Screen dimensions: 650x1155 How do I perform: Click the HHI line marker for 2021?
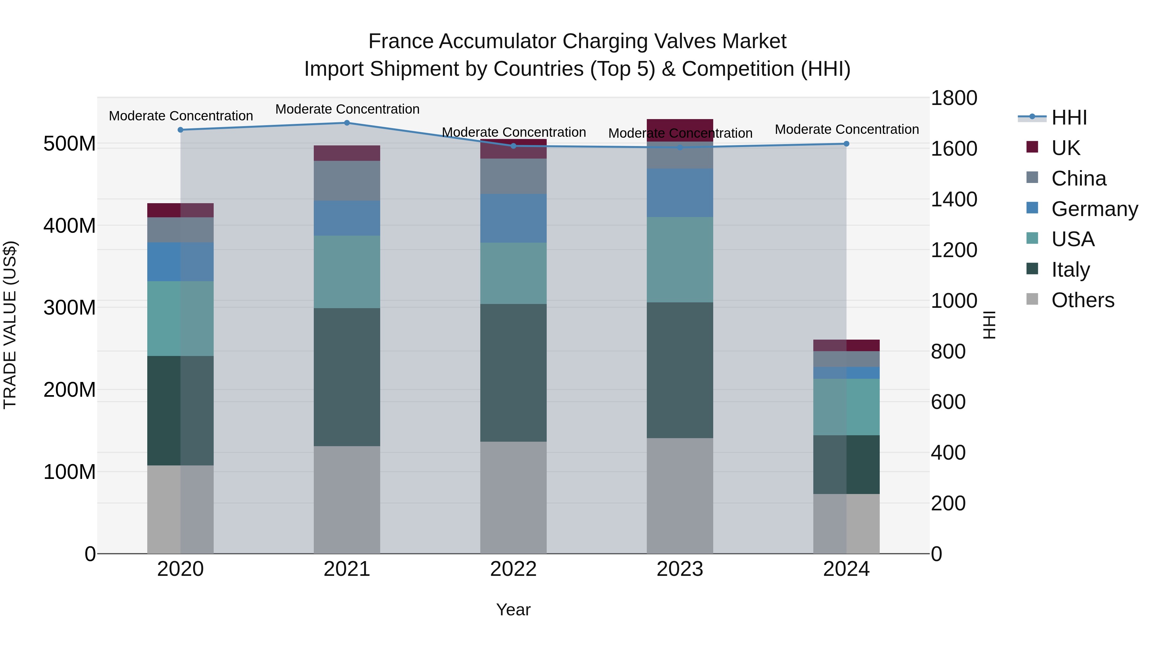point(346,123)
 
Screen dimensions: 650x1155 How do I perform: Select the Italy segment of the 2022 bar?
point(513,372)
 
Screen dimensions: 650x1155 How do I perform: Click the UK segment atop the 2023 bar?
point(680,130)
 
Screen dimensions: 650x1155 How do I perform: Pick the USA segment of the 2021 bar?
point(346,272)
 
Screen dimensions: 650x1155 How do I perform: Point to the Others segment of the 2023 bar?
point(680,496)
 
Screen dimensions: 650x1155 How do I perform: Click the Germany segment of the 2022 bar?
point(513,219)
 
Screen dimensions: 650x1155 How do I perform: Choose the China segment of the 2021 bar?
point(346,181)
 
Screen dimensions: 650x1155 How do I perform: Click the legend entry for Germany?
point(1094,209)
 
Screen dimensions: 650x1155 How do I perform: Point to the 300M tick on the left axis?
point(70,308)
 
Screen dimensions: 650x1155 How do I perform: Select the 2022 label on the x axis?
point(513,569)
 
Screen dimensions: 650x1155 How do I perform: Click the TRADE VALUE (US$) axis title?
point(10,325)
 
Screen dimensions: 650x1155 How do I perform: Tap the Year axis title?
point(513,610)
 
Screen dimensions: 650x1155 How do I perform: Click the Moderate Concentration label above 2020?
point(181,116)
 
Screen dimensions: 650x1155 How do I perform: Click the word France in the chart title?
point(401,41)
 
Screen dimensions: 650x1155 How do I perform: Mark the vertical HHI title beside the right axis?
point(989,325)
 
